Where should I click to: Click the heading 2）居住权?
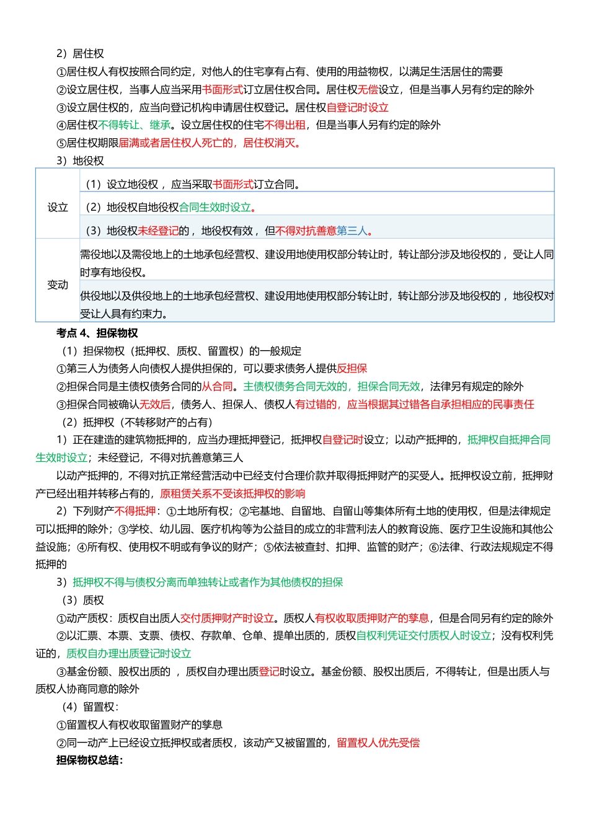click(x=80, y=54)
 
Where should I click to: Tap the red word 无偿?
click(x=368, y=90)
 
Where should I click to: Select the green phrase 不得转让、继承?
click(x=135, y=125)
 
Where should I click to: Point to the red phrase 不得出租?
click(x=285, y=125)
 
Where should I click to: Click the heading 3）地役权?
click(x=80, y=161)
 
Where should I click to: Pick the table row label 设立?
click(x=58, y=208)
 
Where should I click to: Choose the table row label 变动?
click(x=58, y=285)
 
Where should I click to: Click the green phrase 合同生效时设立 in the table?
click(x=215, y=208)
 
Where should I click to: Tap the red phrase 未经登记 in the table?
click(x=158, y=231)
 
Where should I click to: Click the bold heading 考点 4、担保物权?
click(x=97, y=333)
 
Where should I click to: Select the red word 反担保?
click(x=352, y=369)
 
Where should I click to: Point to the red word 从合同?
click(x=217, y=387)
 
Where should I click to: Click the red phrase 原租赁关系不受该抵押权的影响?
click(x=232, y=494)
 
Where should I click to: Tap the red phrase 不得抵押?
click(x=135, y=511)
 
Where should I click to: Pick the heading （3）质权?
click(x=82, y=601)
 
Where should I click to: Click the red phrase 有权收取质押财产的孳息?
click(x=371, y=619)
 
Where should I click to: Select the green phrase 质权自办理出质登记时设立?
click(x=128, y=654)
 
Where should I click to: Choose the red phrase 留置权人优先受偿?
click(x=378, y=743)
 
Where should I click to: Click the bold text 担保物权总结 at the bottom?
click(x=89, y=760)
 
